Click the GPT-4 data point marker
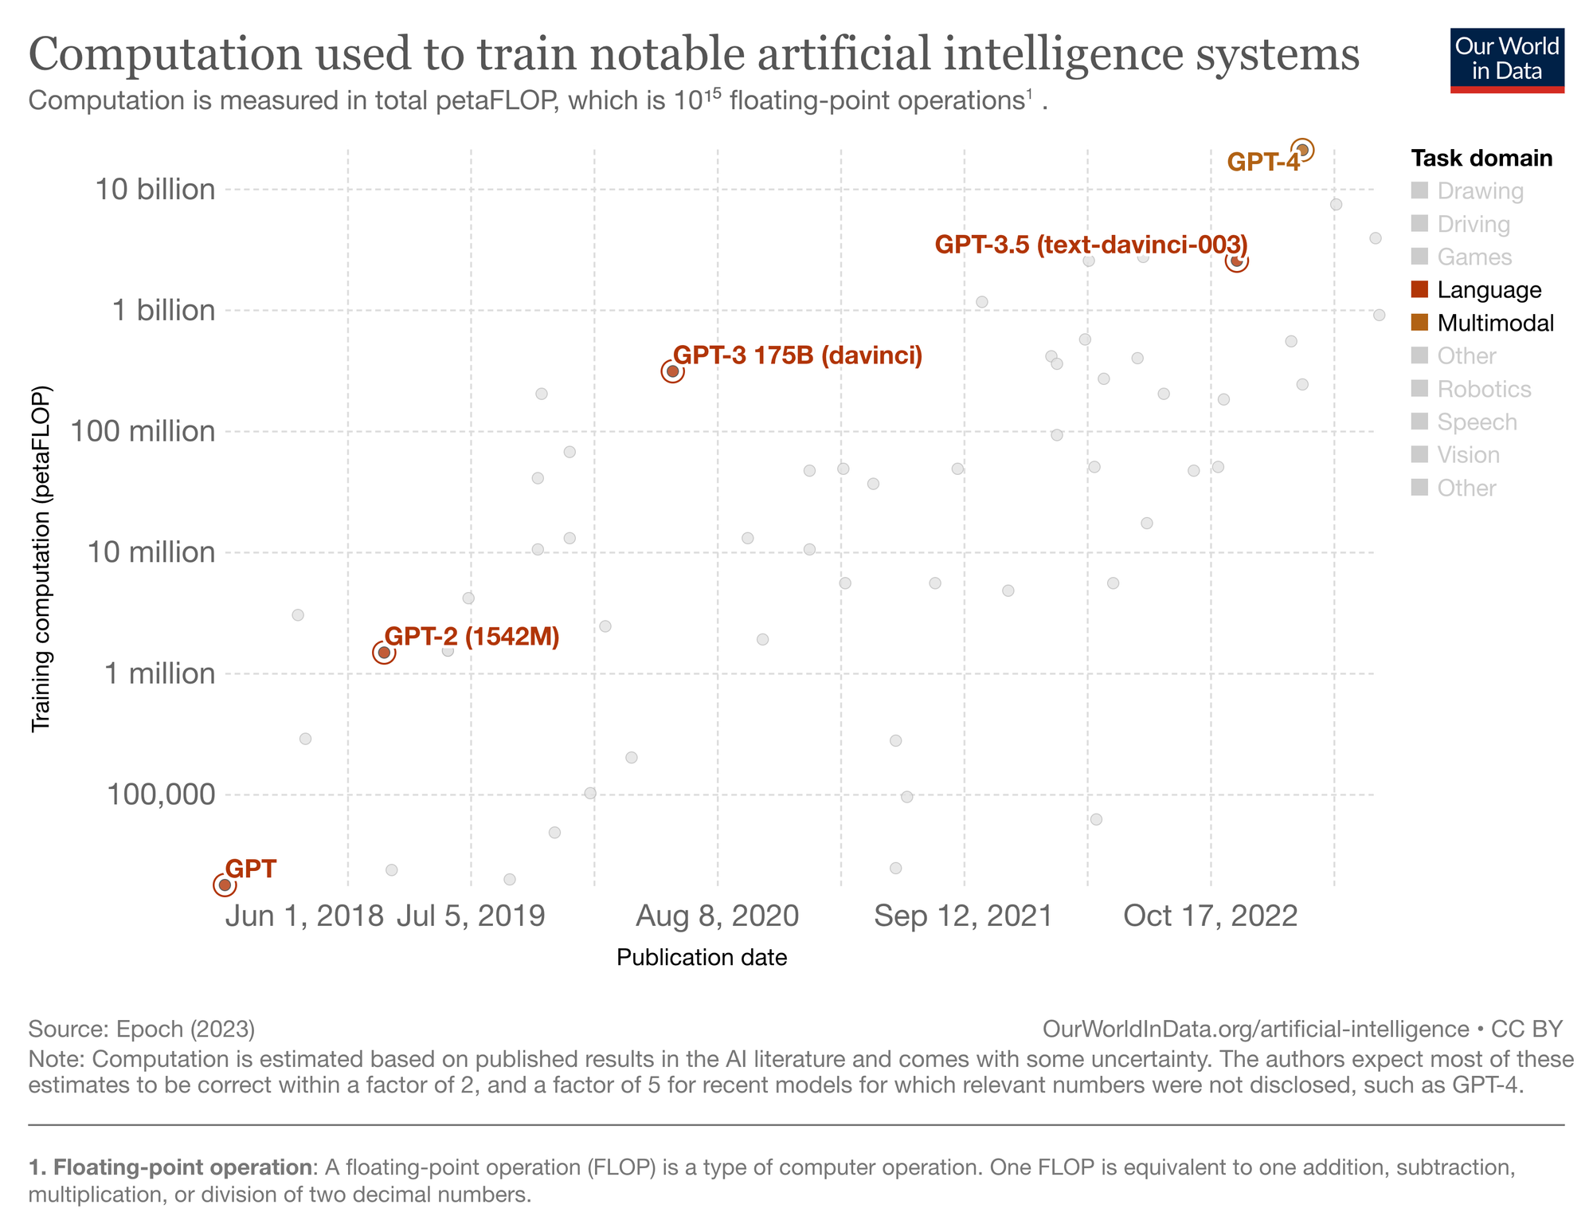[x=1302, y=150]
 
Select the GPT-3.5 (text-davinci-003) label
[x=1090, y=245]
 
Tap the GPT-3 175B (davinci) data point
[x=672, y=371]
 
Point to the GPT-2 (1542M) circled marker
[x=383, y=653]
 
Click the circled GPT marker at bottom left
[x=225, y=885]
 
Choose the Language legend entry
[x=1489, y=290]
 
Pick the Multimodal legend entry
[x=1495, y=323]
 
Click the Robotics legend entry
[x=1483, y=389]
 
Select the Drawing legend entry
[x=1480, y=191]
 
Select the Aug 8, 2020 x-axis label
[x=717, y=916]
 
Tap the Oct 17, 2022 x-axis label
[x=1210, y=916]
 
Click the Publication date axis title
[x=702, y=957]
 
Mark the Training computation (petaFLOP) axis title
[x=41, y=559]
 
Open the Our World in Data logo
[x=1507, y=61]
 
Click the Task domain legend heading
[x=1481, y=158]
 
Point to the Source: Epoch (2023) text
[x=142, y=1029]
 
